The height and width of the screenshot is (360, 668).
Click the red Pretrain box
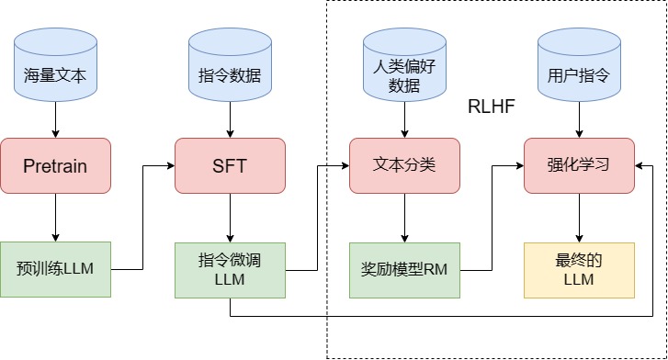[x=55, y=165]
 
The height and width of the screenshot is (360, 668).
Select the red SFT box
[x=230, y=165]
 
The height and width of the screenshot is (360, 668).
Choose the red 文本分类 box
[x=404, y=165]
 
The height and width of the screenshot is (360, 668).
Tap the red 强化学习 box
[x=579, y=165]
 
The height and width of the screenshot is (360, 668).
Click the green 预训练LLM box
[x=55, y=269]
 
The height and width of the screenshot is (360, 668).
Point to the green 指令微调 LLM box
[x=230, y=269]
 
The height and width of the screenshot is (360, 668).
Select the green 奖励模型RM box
[x=404, y=269]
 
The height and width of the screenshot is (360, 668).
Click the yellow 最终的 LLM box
[x=579, y=269]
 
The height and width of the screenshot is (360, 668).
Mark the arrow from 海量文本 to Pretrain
[x=55, y=119]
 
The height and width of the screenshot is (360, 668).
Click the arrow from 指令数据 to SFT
[x=230, y=119]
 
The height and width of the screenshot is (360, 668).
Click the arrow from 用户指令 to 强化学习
[x=579, y=119]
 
